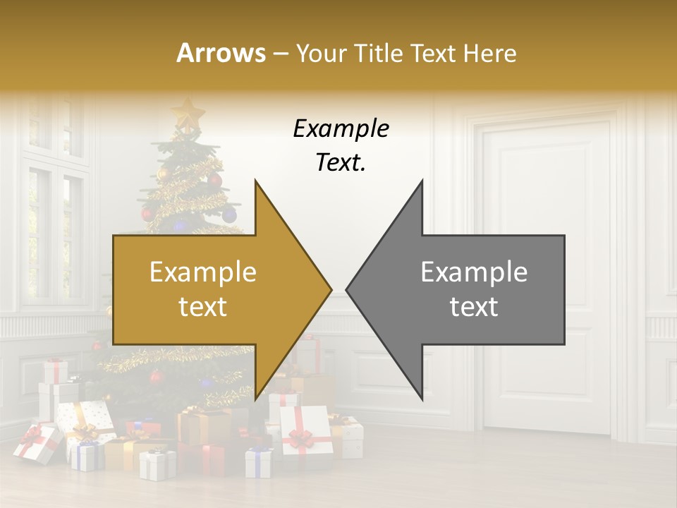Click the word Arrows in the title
(x=221, y=53)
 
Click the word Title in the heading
(x=377, y=53)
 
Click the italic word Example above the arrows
(x=341, y=129)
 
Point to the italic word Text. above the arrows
(x=341, y=163)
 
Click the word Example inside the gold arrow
(x=203, y=272)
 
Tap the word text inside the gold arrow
(x=203, y=307)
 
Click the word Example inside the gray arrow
(x=474, y=272)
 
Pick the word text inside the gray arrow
(x=474, y=307)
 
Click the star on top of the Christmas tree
(x=188, y=113)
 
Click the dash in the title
(x=280, y=54)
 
